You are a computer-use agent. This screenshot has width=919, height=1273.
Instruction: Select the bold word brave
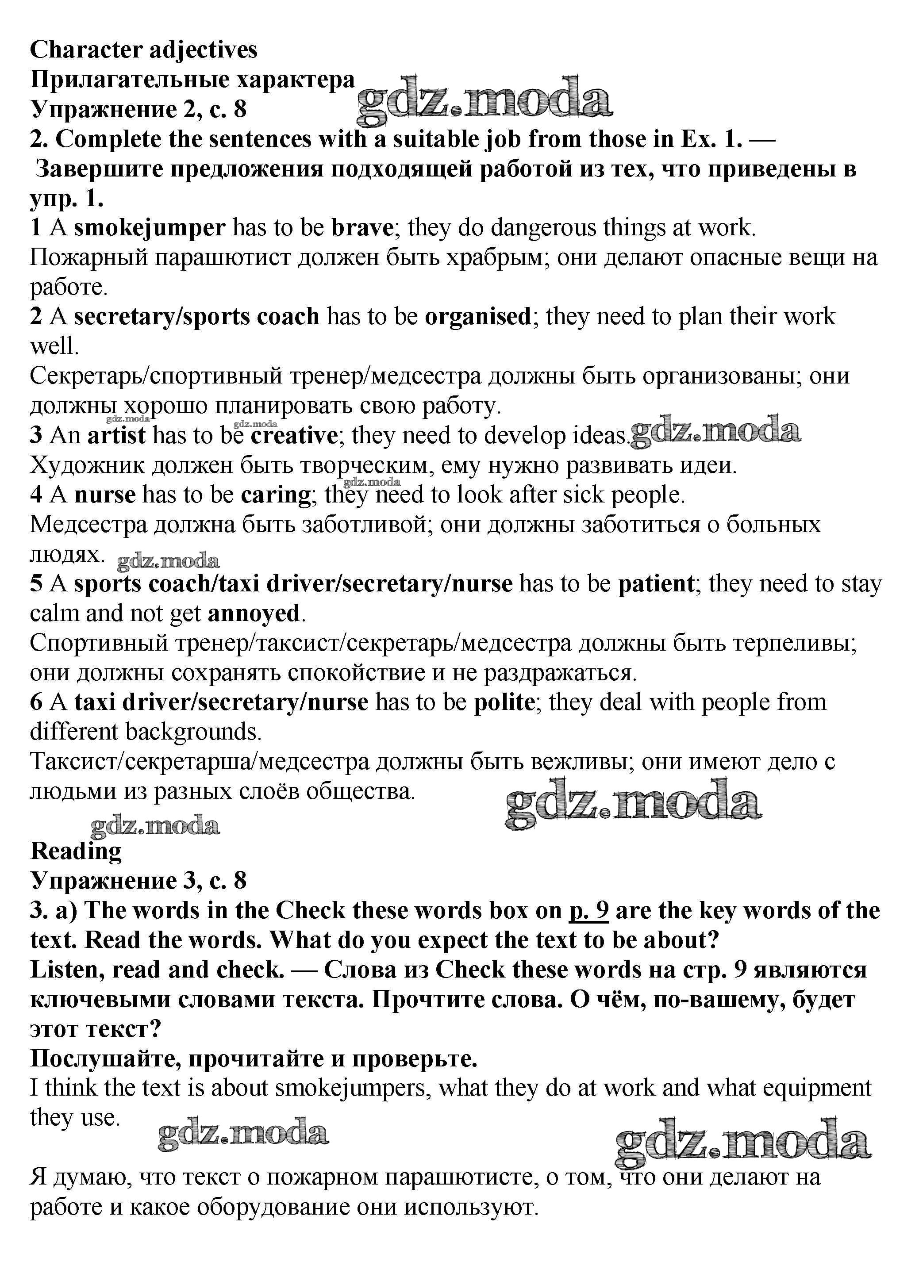361,228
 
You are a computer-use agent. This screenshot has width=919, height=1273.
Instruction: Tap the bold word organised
477,317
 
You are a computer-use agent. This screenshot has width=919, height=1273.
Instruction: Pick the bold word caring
275,495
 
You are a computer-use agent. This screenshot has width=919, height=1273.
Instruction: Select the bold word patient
656,584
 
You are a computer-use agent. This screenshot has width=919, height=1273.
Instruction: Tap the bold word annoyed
253,613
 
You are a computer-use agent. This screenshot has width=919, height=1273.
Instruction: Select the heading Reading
76,851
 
